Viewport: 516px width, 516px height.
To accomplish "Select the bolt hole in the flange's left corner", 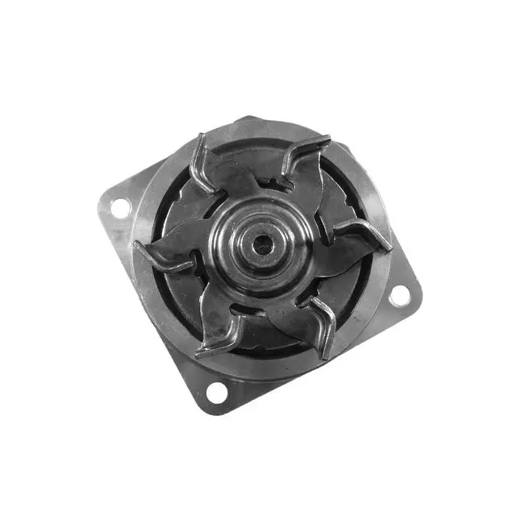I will point(119,207).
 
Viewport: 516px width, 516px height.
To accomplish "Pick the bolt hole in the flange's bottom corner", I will point(216,393).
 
